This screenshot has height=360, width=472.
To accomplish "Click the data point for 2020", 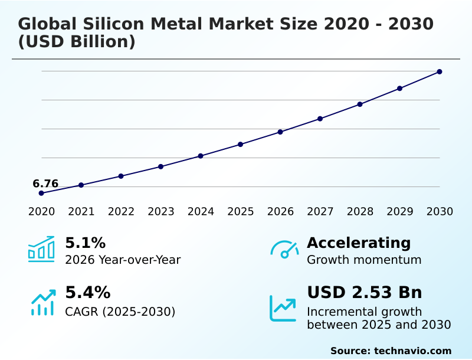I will (x=41, y=193).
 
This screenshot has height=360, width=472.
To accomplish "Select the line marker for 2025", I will (x=241, y=144).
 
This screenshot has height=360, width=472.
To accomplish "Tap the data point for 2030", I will (x=440, y=72).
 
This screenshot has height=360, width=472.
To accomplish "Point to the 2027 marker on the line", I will (x=320, y=119).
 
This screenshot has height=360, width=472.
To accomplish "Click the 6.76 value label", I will (x=45, y=184).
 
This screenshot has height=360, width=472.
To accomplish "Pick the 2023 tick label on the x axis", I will (x=161, y=212).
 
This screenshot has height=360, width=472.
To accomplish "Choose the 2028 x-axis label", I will (x=360, y=212).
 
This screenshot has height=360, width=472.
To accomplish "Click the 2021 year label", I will (x=81, y=212).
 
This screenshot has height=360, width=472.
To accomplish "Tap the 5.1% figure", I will (x=85, y=243).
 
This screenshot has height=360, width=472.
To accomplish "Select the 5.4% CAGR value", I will (x=87, y=293).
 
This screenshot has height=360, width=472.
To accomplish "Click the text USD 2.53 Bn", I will (x=365, y=293).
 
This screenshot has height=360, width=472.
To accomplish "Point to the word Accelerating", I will (x=359, y=243).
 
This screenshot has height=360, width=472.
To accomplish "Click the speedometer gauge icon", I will (x=284, y=249).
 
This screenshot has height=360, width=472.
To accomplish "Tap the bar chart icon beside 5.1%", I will (x=41, y=249).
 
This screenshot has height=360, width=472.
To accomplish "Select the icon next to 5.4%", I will (x=42, y=302).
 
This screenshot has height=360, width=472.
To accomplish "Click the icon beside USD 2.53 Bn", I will (x=283, y=308).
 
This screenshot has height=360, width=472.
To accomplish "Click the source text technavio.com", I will (x=412, y=351).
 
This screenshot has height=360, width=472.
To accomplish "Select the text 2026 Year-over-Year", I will (x=123, y=260).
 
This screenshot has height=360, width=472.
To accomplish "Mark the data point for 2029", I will (x=399, y=89).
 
